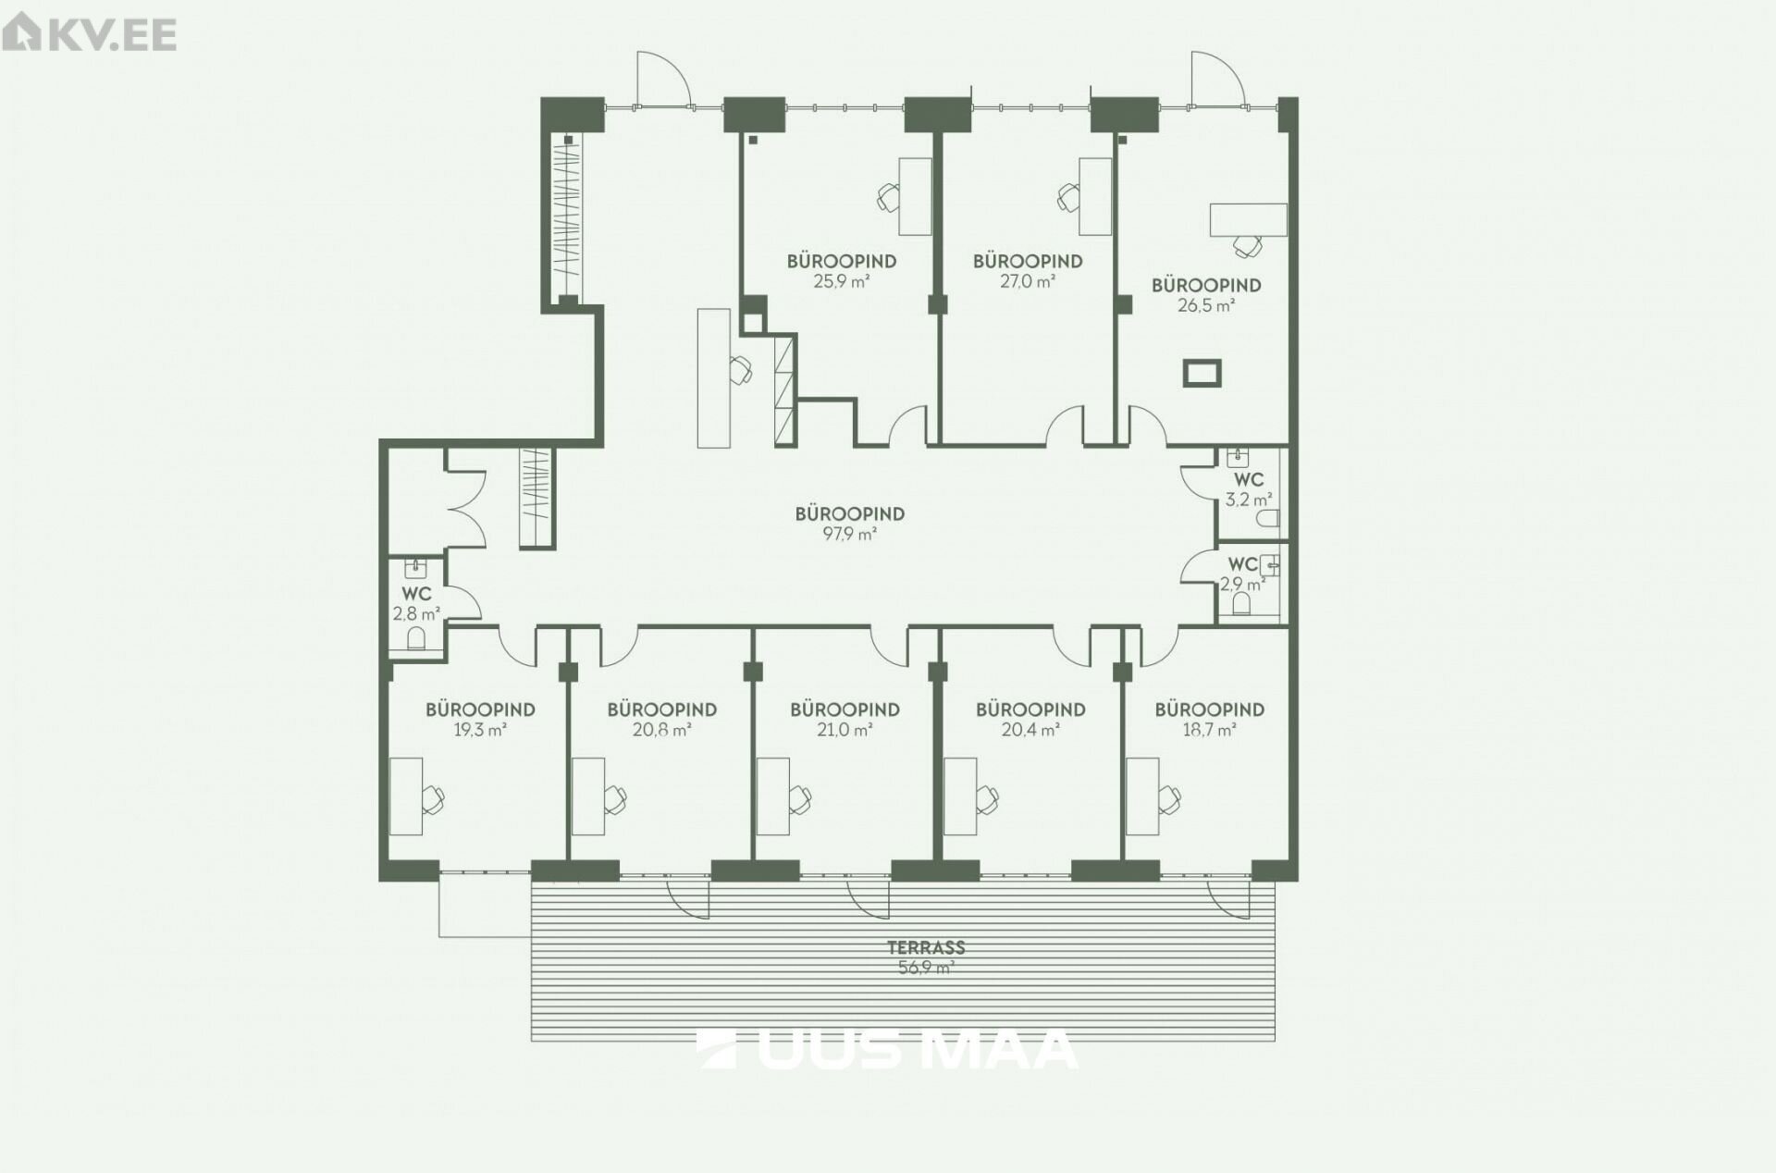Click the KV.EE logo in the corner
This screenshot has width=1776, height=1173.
(89, 34)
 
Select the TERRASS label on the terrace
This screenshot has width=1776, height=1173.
(926, 947)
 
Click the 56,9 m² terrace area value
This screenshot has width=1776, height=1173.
(926, 968)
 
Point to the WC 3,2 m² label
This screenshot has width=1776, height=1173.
(1248, 489)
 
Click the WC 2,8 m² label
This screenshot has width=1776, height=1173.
(416, 603)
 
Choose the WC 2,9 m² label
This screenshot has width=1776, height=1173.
(1243, 574)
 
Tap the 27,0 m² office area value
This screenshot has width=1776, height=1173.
(1028, 281)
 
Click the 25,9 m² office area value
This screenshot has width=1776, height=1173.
(842, 281)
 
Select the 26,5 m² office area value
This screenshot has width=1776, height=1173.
(1206, 305)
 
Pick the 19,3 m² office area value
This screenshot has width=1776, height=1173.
(480, 730)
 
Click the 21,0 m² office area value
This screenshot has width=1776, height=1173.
(845, 730)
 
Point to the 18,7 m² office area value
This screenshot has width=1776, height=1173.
(1209, 730)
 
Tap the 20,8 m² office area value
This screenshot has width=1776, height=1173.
(662, 730)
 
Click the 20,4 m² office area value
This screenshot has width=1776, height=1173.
(1030, 730)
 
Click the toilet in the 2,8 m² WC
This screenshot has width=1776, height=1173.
(416, 638)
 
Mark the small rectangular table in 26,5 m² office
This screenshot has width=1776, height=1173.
(1202, 373)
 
